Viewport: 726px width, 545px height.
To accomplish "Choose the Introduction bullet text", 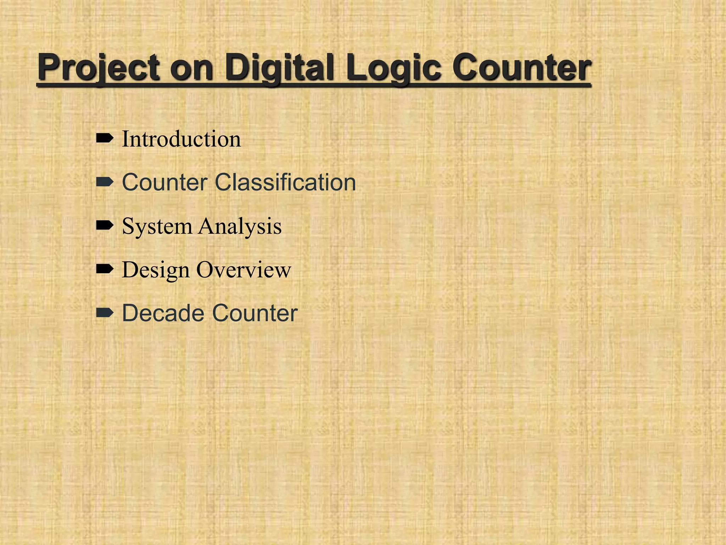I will [x=181, y=139].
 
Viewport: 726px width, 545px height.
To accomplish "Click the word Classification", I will [x=285, y=182].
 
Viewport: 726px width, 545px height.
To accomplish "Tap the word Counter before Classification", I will [x=165, y=182].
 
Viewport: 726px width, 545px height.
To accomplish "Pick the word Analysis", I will [x=240, y=226].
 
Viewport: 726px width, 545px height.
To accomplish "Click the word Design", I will [x=156, y=270].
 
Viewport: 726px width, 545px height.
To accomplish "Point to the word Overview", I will [x=244, y=270].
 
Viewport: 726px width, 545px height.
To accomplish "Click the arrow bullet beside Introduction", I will [x=105, y=138].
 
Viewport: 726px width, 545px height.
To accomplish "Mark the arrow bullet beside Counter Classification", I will [x=105, y=182].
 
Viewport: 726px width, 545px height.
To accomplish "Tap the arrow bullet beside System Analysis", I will [x=105, y=225].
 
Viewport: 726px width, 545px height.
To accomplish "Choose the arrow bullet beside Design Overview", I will [x=105, y=269].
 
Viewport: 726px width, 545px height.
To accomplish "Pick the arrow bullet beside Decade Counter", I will [x=105, y=313].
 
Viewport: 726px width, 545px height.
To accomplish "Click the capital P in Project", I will [x=50, y=67].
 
